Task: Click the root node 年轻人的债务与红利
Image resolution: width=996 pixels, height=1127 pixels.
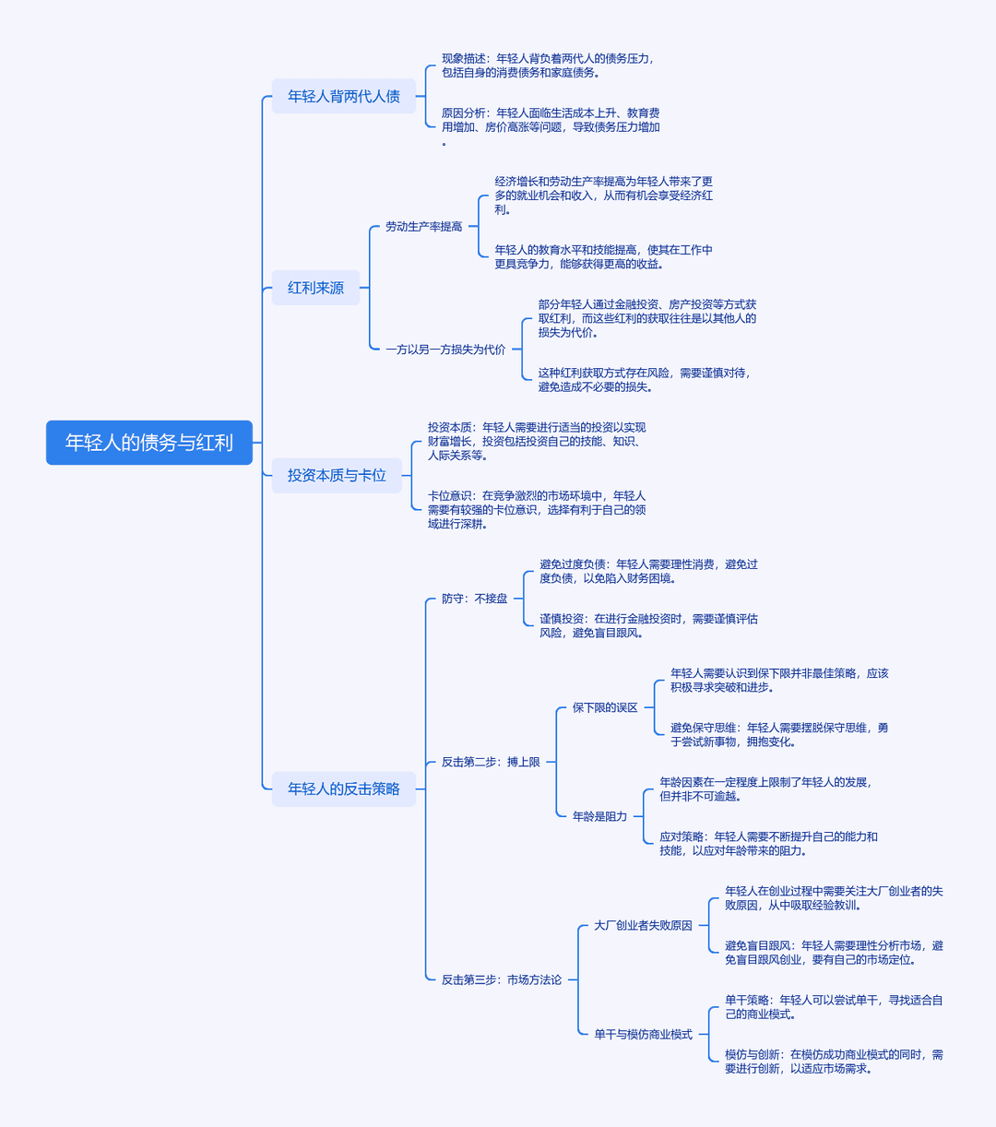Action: (149, 443)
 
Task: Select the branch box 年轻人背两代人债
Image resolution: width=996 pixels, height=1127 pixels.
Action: (344, 96)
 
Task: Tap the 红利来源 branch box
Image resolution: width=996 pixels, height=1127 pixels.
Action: (315, 288)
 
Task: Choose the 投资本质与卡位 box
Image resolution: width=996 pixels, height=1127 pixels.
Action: (337, 475)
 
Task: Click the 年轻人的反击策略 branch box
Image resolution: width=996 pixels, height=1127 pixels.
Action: (344, 789)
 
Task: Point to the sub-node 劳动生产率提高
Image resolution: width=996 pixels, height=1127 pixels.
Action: (424, 226)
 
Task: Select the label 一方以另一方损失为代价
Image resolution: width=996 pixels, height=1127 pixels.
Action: (445, 350)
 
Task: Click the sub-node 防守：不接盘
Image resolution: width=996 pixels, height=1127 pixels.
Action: (475, 599)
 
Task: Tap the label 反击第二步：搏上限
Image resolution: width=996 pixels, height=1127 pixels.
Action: (491, 762)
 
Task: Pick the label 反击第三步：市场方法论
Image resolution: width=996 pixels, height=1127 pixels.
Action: (502, 979)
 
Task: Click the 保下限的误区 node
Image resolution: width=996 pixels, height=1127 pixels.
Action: (605, 707)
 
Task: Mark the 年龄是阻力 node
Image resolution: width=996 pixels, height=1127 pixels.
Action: (599, 816)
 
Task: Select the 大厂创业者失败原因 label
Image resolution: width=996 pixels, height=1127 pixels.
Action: (643, 925)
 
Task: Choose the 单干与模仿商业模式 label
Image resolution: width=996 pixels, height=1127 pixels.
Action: (643, 1034)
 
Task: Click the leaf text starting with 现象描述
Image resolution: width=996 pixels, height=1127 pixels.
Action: (548, 65)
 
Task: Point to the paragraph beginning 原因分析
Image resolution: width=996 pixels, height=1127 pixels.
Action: (551, 127)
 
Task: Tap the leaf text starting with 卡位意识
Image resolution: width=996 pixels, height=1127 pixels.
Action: (537, 509)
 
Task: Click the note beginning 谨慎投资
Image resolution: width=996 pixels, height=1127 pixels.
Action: (649, 626)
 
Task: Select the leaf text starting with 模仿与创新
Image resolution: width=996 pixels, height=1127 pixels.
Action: (834, 1062)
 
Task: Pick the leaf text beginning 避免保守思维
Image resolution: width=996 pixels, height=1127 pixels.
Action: (779, 735)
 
